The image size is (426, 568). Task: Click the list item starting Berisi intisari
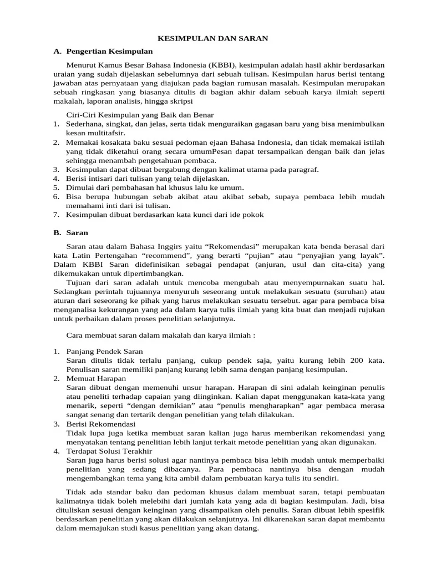coord(147,179)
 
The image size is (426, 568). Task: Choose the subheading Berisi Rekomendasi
coord(100,424)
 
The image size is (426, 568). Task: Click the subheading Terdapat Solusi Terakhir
coord(109,451)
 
